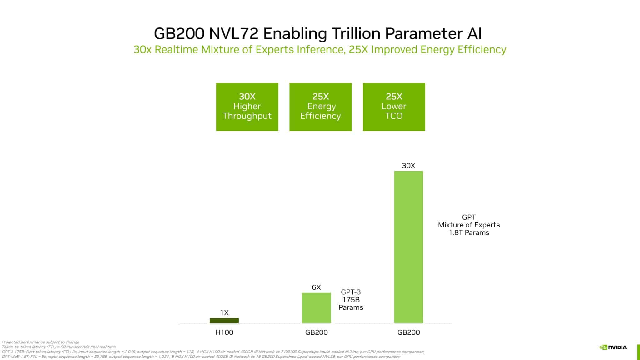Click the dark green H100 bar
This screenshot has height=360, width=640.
[224, 321]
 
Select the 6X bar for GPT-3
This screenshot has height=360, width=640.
[316, 308]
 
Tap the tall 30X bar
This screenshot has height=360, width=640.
[408, 247]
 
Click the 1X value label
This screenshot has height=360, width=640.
[224, 312]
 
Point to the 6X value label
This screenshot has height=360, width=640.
[316, 287]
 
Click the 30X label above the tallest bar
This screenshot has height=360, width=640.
[408, 166]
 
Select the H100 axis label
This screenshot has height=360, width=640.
[224, 332]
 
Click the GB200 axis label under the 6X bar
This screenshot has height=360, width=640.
[316, 332]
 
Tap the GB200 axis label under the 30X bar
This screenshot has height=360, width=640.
[408, 332]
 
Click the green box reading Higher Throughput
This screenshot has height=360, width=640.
[247, 107]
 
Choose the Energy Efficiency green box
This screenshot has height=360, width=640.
[320, 107]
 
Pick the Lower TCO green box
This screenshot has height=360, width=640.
[394, 107]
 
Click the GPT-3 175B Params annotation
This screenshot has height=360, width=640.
[351, 300]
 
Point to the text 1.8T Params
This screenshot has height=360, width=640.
[469, 233]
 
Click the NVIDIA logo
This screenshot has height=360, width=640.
[613, 347]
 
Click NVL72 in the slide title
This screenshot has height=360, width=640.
[233, 34]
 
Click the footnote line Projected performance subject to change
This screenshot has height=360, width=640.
[41, 342]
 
